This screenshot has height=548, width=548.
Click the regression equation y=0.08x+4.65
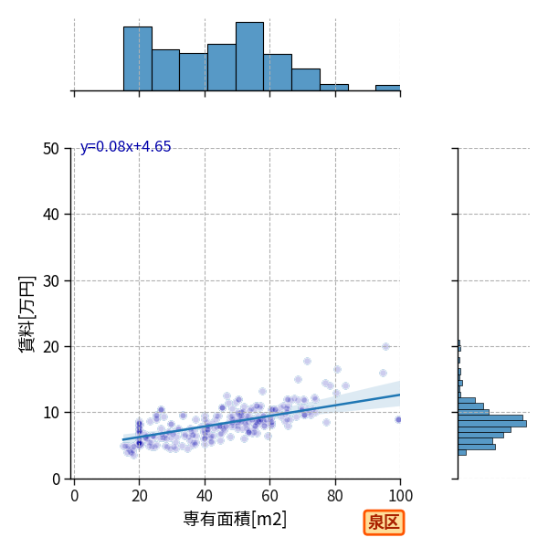[125, 146]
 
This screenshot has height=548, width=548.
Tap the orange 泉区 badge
[384, 522]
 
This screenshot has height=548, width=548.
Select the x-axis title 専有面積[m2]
[235, 519]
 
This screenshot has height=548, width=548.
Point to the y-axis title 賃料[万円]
[26, 314]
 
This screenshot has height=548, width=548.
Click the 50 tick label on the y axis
[51, 149]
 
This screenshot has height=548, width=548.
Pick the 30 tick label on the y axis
[51, 280]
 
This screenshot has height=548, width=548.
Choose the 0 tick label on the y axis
[56, 479]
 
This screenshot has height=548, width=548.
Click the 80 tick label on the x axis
[335, 496]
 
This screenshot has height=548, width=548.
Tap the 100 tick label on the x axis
[400, 496]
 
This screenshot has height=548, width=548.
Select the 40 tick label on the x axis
[205, 496]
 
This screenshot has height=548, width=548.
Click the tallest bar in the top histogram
[249, 57]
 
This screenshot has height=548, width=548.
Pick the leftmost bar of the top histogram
[138, 58]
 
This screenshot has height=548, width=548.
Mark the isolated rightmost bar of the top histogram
[388, 88]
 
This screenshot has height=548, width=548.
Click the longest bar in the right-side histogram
[492, 424]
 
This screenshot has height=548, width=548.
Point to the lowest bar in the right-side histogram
[462, 453]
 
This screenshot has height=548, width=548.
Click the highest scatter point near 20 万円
[385, 346]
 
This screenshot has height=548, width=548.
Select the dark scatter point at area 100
[398, 419]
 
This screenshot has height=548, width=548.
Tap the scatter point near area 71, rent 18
[307, 361]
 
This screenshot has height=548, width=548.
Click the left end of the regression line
[122, 439]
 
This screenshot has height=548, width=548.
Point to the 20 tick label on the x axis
[139, 496]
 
